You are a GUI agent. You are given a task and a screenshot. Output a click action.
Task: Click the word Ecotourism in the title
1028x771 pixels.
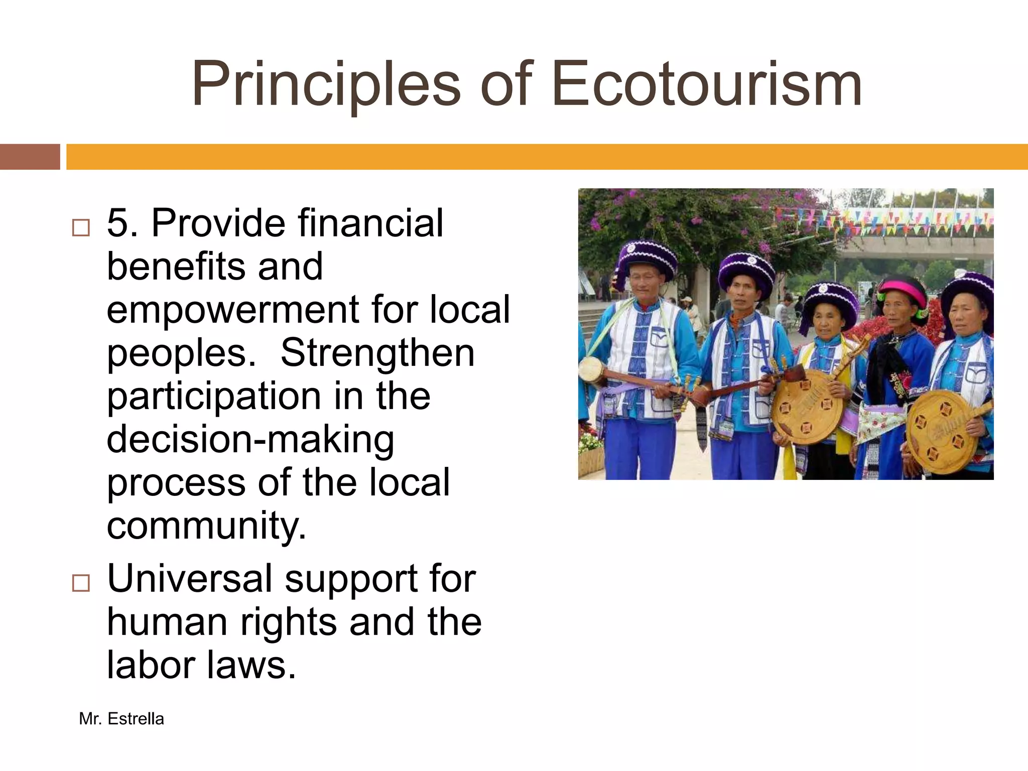tap(707, 84)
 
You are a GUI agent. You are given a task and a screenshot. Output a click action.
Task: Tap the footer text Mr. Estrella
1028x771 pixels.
tap(121, 719)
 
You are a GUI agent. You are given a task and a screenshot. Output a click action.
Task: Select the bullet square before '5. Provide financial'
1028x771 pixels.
tap(81, 228)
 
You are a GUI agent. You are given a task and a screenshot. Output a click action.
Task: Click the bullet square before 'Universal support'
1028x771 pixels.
tap(81, 583)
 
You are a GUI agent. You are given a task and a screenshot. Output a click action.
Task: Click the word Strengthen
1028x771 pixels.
tap(377, 352)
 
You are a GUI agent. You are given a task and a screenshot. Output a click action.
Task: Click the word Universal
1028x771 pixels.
tap(190, 578)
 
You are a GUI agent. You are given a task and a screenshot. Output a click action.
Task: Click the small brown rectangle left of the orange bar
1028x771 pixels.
tap(30, 157)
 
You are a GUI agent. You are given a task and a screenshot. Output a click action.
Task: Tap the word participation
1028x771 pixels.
tap(214, 397)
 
